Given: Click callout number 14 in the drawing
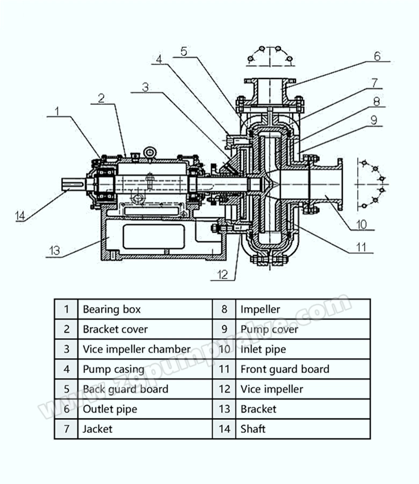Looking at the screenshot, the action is (x=20, y=216).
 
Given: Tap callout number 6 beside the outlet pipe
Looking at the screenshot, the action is (x=378, y=56).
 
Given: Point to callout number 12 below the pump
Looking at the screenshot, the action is (x=222, y=274).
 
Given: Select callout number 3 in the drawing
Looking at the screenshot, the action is (x=145, y=87).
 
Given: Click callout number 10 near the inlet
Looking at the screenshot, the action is (x=362, y=224).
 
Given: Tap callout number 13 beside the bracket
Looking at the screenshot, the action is (x=55, y=251).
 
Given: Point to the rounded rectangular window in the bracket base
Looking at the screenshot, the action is (x=154, y=237).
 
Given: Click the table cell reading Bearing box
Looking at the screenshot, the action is (x=112, y=309).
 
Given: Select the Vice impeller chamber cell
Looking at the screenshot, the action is (x=136, y=349).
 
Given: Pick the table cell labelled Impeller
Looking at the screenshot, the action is (x=260, y=309).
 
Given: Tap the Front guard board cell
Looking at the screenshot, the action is (x=285, y=369).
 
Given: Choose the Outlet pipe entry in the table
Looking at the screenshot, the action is (x=110, y=409).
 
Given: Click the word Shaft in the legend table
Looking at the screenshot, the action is (x=253, y=429).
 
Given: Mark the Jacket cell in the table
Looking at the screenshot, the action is (x=97, y=429).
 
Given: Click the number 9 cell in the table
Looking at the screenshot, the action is (x=224, y=329).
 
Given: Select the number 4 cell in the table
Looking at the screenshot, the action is (x=67, y=369).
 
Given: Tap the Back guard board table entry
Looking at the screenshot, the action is (x=126, y=389).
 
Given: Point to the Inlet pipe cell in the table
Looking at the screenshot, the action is (x=263, y=349).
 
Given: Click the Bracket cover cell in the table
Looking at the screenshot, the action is (x=115, y=329).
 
